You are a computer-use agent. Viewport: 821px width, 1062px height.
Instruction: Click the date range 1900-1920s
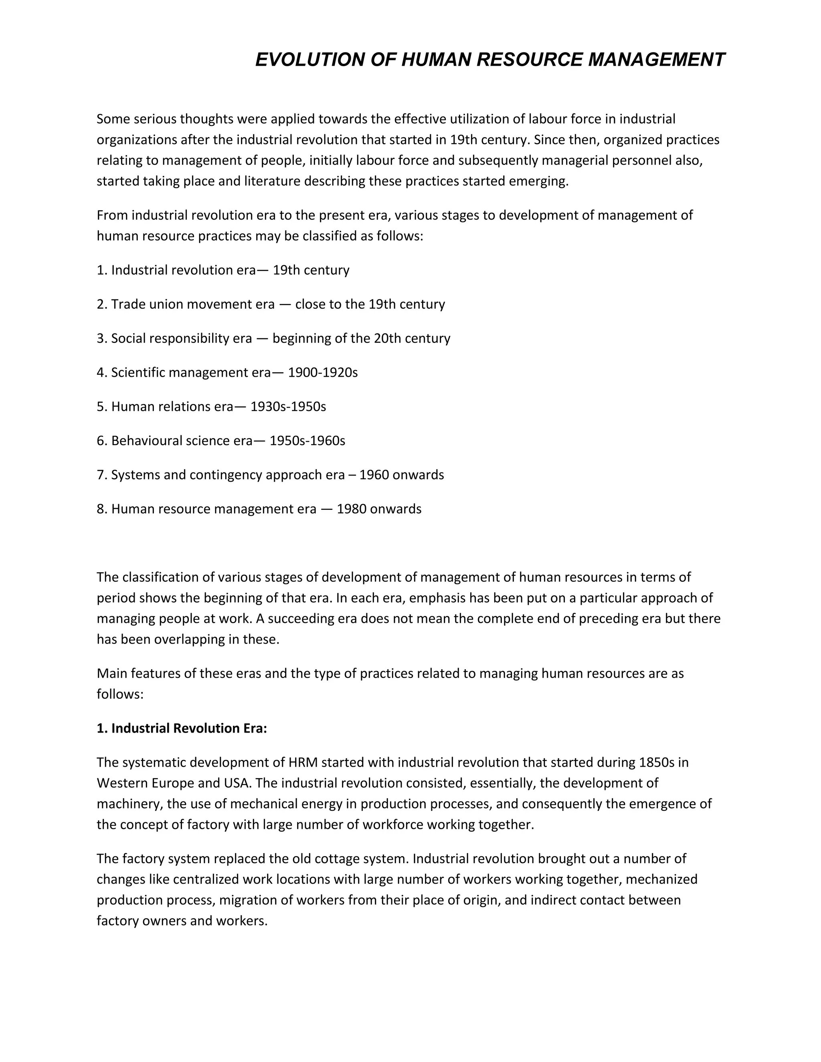point(323,372)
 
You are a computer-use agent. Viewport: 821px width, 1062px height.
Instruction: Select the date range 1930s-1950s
point(288,406)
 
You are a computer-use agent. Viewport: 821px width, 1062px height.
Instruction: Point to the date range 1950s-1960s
point(307,440)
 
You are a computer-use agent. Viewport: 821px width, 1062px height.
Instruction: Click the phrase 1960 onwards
point(402,474)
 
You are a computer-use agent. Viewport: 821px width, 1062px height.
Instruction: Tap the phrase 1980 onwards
point(379,509)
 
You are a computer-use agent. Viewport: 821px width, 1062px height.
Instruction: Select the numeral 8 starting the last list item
point(100,509)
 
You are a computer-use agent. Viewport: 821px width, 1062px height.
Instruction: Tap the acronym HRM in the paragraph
point(303,762)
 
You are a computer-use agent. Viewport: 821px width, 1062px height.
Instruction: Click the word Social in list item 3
point(126,339)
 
